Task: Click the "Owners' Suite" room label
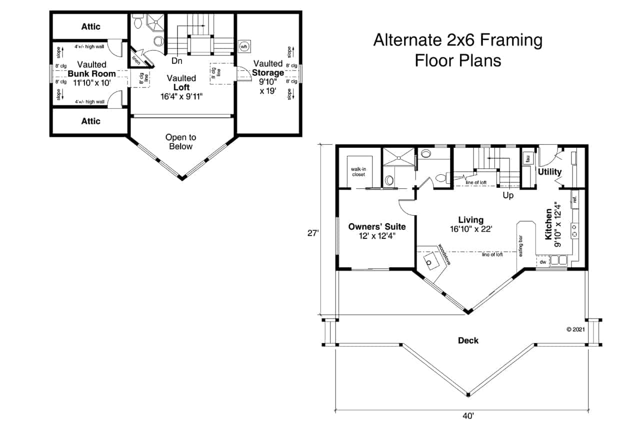tap(377, 227)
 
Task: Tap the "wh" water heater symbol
tap(244, 46)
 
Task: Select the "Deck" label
tap(468, 341)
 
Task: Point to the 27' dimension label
tap(313, 233)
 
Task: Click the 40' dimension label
tap(468, 416)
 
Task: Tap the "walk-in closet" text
tap(358, 172)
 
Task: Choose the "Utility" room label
tap(550, 172)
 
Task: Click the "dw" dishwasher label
tap(543, 262)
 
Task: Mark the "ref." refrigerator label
tap(575, 199)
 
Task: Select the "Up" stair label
tap(508, 195)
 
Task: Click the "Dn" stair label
tap(176, 61)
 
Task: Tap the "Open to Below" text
tap(181, 141)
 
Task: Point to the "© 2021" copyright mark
tap(575, 330)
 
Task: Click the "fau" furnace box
tap(526, 159)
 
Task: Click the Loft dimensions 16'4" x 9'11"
tap(181, 96)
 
